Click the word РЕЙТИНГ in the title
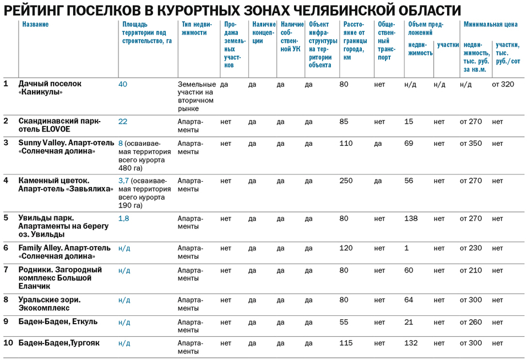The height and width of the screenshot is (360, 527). coord(39,10)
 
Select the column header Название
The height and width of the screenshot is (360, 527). coord(35,25)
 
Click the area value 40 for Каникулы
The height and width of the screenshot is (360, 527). coord(122,84)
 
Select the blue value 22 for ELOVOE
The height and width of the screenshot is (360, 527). coord(122,121)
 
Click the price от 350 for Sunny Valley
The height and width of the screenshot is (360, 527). coord(470,143)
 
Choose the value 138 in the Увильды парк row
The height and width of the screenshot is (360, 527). coord(411,219)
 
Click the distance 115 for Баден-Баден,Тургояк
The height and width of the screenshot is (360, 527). coord(346,343)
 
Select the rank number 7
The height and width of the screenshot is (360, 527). coord(6,270)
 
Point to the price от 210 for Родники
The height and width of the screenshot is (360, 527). coord(470,270)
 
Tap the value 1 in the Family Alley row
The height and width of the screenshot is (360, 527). coord(406,248)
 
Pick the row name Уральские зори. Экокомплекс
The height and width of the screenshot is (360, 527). coord(50,304)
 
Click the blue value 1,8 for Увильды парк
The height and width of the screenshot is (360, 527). coord(123,219)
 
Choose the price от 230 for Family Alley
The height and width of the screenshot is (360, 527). coord(470,248)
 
